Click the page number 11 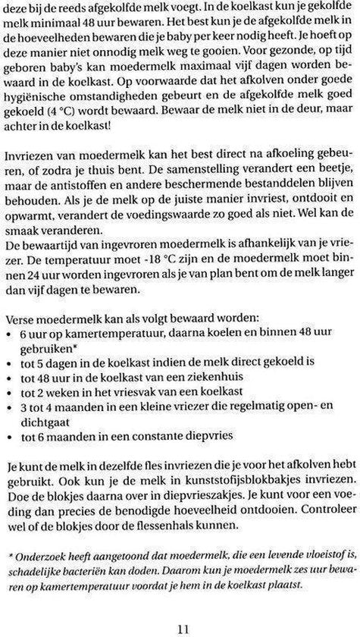pos(180,626)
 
